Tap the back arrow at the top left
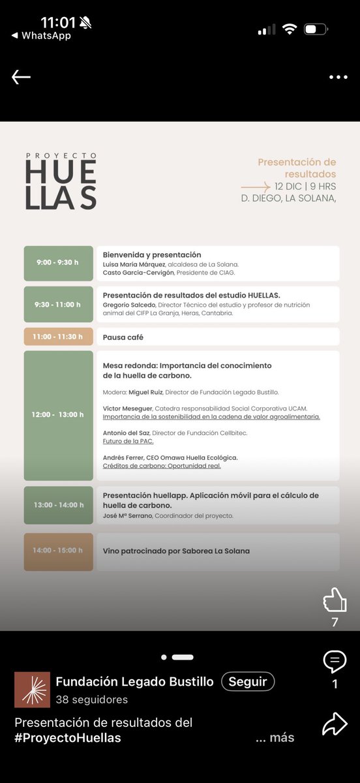coord(21,77)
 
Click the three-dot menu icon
coord(338,77)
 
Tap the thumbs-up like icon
coord(335,600)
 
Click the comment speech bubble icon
coord(335,662)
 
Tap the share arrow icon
coord(335,724)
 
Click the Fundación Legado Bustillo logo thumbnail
coord(32,690)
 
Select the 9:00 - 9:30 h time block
coord(58,262)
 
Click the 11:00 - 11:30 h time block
coord(58,337)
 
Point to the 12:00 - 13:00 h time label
coord(58,415)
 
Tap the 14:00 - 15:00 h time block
coord(58,551)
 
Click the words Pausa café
coord(123,337)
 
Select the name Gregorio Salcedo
coord(128,305)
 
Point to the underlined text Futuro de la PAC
coord(128,442)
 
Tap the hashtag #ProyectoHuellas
coord(68,738)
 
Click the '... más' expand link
coord(275,738)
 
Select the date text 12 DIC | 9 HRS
coord(305,186)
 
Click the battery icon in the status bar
coord(316,29)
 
